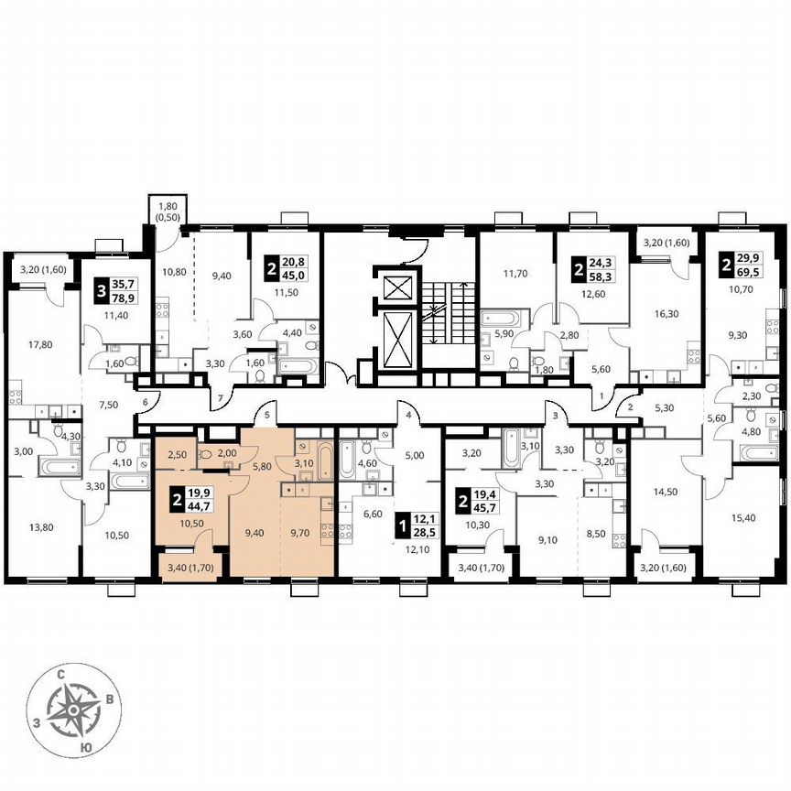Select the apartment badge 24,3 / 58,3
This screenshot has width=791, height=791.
[x=592, y=270]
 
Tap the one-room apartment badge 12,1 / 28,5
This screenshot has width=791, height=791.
[x=417, y=526]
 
